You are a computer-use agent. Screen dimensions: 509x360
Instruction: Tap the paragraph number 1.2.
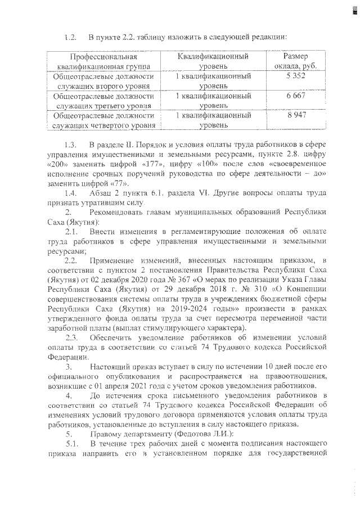click(70, 38)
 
